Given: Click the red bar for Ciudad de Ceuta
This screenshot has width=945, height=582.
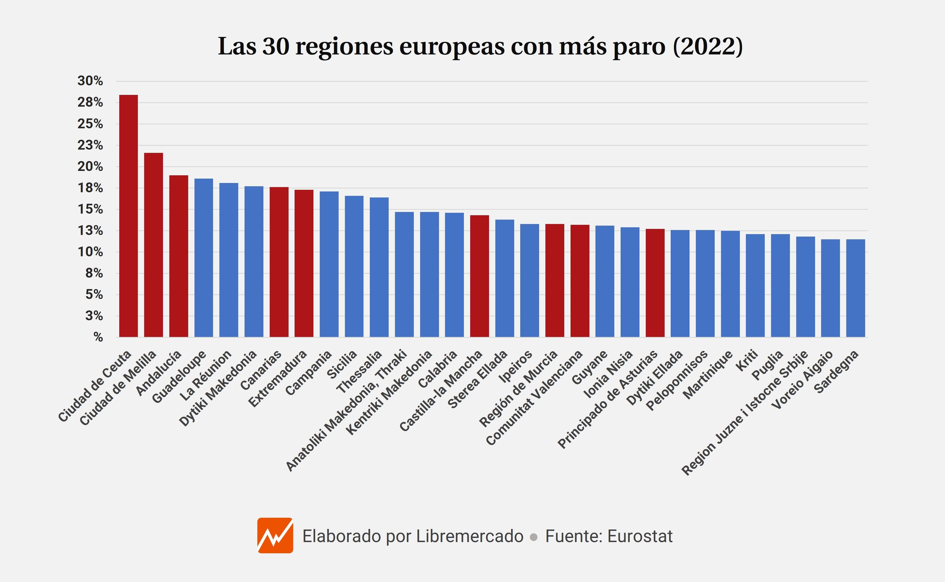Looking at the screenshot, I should pos(128,216).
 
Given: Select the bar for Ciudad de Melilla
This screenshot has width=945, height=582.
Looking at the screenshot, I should pos(154,245).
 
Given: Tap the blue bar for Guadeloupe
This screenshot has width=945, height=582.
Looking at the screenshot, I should pos(204,258).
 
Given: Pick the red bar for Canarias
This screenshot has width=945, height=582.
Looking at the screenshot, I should pos(279,262).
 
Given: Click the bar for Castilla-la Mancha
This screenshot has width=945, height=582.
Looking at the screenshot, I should pos(480,276).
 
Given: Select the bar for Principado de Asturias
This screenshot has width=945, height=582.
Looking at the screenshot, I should pos(655,283).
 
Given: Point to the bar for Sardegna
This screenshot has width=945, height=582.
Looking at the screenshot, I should pos(856,288).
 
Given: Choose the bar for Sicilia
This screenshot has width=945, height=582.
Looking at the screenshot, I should pos(354,266).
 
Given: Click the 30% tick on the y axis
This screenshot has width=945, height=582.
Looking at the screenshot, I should pos(90,81).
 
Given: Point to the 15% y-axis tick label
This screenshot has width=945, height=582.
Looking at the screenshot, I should pos(90,209).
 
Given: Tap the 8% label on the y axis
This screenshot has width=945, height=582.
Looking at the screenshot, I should pos(94,273).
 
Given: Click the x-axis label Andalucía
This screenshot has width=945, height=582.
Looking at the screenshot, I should pos(159,373).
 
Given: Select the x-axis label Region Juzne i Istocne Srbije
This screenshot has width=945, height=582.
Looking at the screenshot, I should pos(745,413).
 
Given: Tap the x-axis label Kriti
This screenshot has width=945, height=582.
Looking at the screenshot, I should pos(747,360).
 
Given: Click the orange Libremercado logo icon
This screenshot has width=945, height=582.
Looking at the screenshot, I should pos(275,535).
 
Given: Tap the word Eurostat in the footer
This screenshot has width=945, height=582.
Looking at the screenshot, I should pos(640,536).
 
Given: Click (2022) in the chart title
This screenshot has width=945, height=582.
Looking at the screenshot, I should pos(708,47).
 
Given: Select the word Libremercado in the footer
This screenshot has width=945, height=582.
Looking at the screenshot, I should pos(470,536).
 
